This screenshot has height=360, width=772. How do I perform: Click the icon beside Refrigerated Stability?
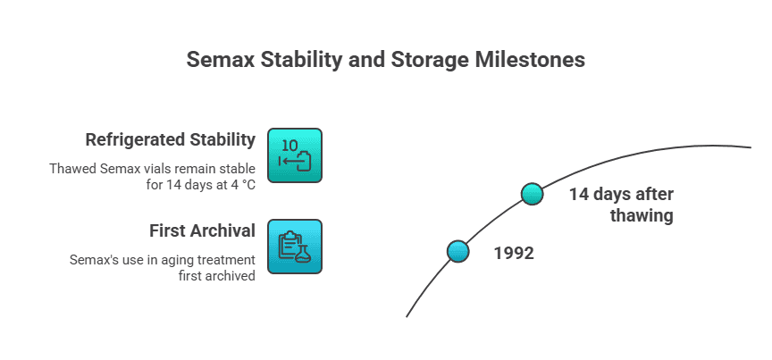(x=295, y=155)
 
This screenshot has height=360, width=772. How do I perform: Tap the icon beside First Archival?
(x=295, y=247)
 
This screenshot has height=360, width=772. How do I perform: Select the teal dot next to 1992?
(x=458, y=251)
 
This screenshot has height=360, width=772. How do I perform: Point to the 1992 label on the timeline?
(x=514, y=253)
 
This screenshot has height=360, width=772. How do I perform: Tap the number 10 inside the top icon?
(x=290, y=146)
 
